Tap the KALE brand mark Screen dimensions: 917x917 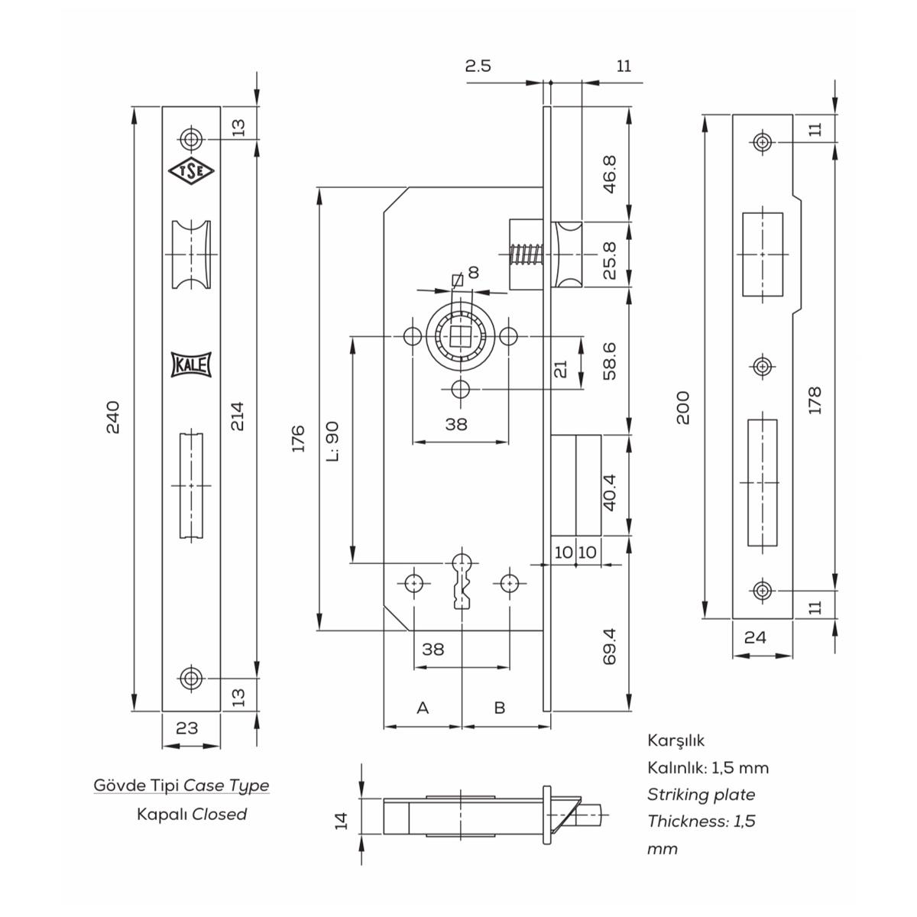[191, 365]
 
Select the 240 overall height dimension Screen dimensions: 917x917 [113, 417]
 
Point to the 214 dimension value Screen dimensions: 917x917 [238, 416]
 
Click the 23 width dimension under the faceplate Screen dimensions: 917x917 [186, 728]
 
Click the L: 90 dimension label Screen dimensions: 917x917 [333, 442]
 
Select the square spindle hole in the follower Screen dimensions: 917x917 [460, 336]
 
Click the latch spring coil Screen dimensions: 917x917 [526, 254]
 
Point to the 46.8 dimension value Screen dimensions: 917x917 [609, 174]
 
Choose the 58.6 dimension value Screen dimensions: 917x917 [609, 361]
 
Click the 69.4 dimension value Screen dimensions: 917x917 [609, 646]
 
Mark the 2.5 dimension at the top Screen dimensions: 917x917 [478, 66]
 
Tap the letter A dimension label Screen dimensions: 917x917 [423, 708]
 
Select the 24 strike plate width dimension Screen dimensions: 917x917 [755, 637]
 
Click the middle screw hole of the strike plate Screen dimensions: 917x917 [761, 367]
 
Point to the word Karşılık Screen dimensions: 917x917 [676, 740]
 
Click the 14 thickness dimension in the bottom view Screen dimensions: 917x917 [342, 821]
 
